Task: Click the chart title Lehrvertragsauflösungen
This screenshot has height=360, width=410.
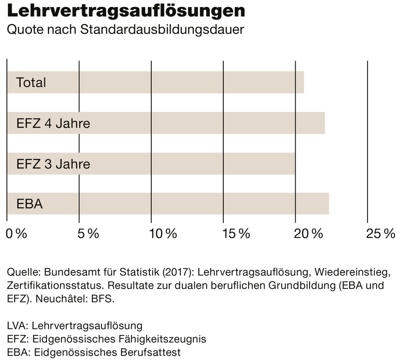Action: coord(125,11)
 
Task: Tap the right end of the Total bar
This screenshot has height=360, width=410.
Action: coord(303,82)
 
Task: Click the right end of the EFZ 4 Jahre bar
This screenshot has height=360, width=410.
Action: coord(324,123)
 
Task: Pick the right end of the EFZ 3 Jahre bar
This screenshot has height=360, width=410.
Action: coord(295,163)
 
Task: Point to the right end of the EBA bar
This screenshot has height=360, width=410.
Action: coord(328,204)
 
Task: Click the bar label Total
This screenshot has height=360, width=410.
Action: coord(31,82)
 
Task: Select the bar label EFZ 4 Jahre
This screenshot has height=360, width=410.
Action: coord(53,123)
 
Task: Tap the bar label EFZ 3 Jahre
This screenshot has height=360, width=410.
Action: coord(53,163)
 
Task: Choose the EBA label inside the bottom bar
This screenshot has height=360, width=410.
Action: coord(29,204)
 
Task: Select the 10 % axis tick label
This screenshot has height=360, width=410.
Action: coord(163,233)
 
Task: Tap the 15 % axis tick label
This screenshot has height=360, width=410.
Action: coord(236,233)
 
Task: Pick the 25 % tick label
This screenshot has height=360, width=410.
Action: coord(381,233)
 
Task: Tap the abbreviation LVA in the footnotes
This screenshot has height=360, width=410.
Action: coord(16,326)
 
